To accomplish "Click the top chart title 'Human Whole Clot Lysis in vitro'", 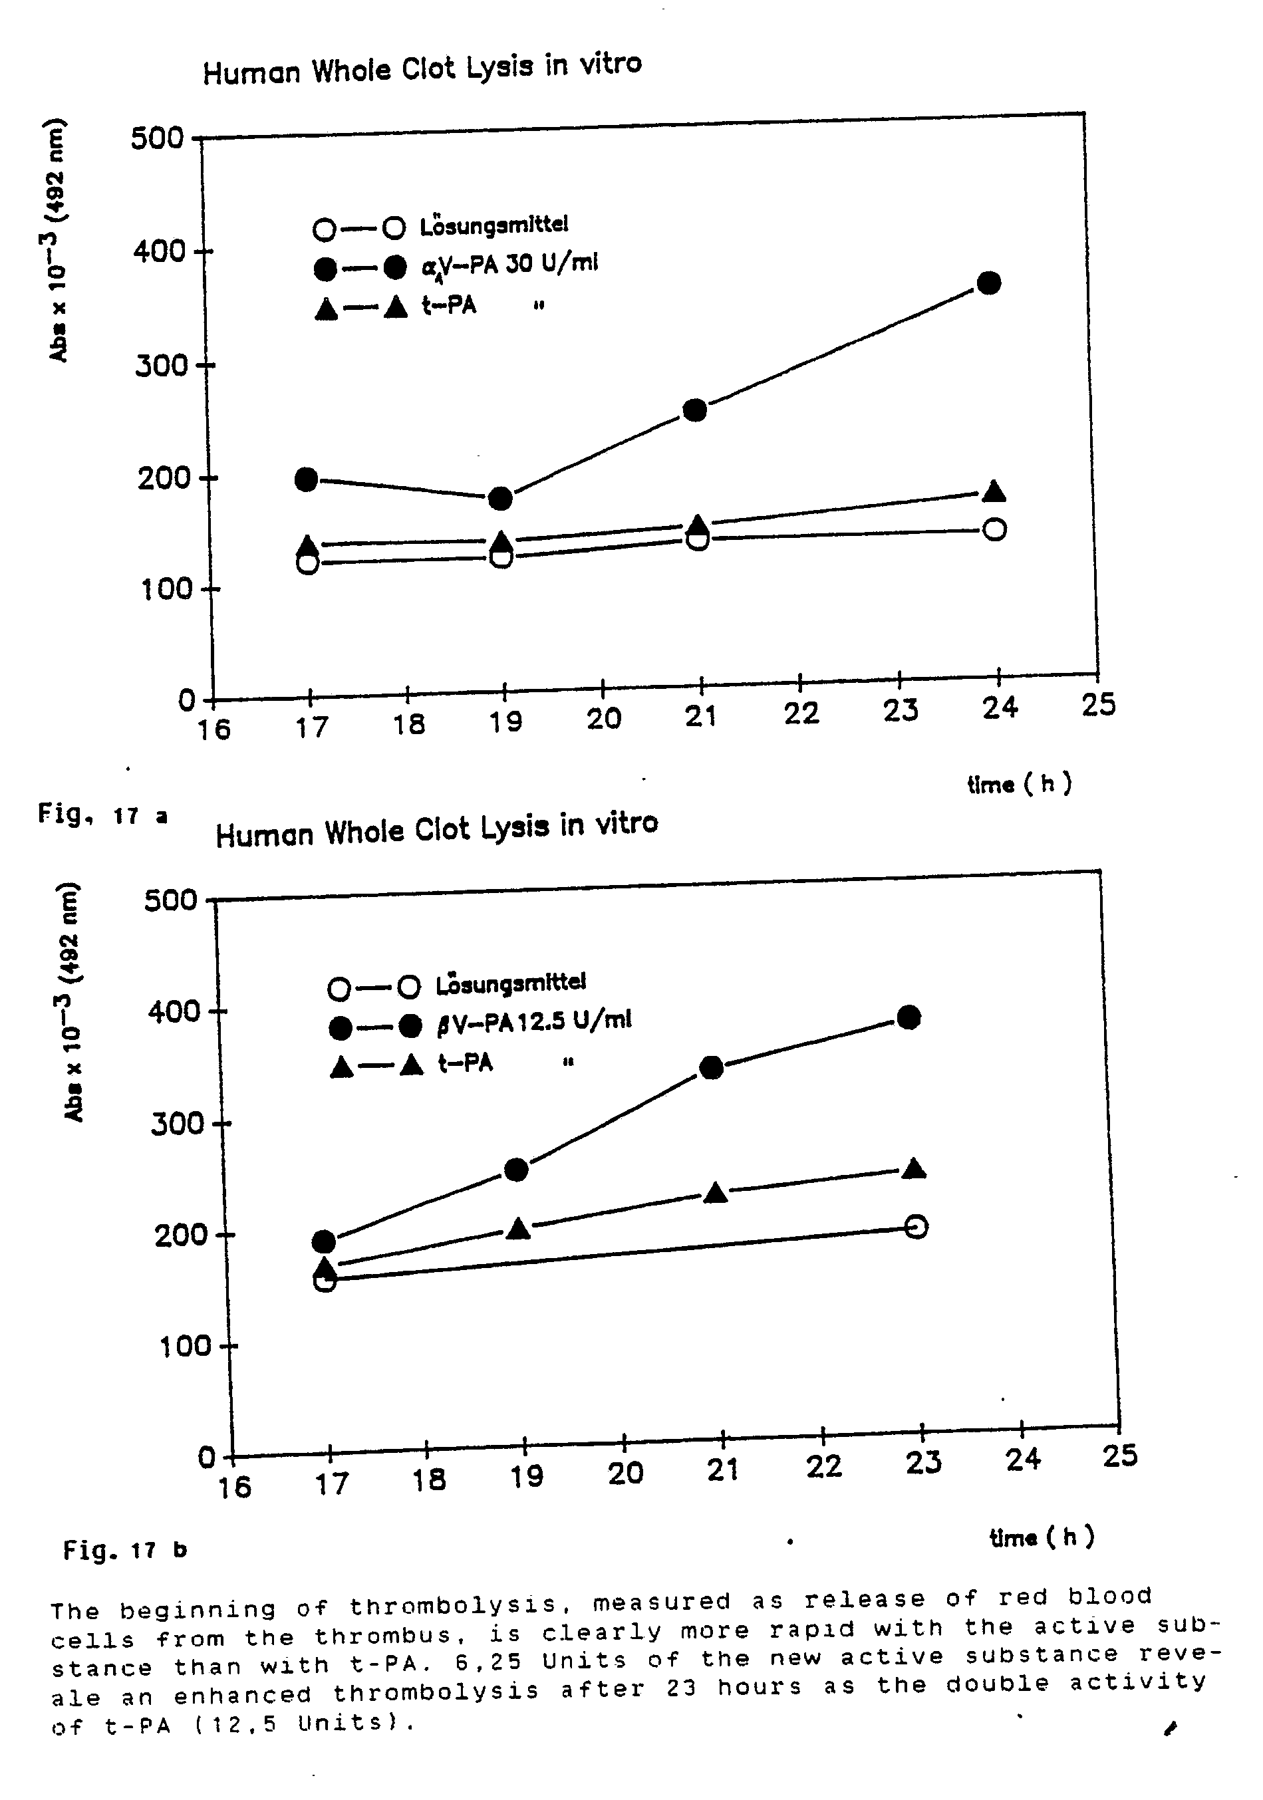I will pos(422,68).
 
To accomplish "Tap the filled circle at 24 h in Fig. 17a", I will pos(990,283).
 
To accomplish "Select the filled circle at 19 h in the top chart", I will pos(500,498).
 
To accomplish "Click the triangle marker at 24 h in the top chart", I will pos(994,491).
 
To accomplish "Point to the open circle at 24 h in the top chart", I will pos(994,529).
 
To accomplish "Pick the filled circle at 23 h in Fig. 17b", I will pos(909,1017).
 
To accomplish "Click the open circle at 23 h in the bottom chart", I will pos(916,1226).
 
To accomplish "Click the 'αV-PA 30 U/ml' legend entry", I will pos(509,264).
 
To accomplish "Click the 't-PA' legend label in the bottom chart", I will pos(465,1064).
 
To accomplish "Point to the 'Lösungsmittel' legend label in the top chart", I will pos(494,226).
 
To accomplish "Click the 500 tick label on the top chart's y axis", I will pos(157,139).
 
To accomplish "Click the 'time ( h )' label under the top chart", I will pos(1019,783).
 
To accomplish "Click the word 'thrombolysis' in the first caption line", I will pos(452,1607).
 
